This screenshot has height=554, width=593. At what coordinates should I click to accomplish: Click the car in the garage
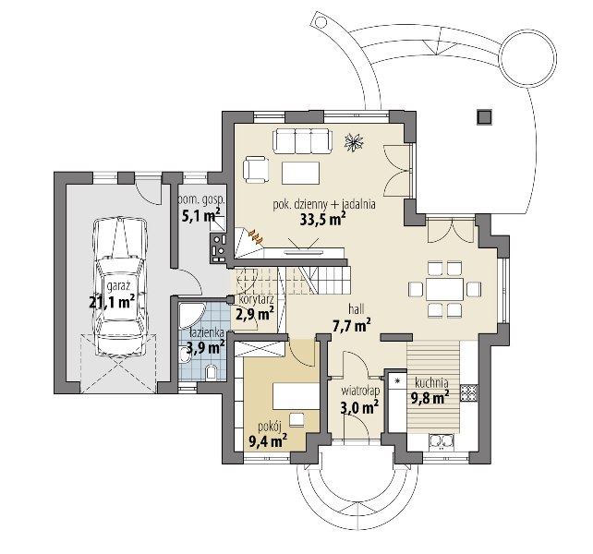click(120, 287)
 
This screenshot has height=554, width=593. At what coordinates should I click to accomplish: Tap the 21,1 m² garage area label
click(112, 302)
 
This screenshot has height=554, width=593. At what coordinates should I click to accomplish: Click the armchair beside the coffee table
click(256, 169)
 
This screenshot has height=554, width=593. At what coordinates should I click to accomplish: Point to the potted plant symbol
click(354, 142)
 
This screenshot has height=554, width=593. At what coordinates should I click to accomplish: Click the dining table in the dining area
click(445, 289)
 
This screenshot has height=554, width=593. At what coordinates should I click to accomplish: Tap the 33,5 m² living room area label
click(322, 220)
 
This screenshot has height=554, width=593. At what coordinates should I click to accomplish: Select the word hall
click(357, 309)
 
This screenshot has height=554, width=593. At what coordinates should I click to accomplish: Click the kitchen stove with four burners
click(469, 392)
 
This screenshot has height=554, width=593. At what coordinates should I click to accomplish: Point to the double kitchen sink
click(441, 442)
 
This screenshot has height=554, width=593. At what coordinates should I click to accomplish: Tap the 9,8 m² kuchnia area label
click(430, 397)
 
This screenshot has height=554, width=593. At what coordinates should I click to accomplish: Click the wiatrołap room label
click(360, 391)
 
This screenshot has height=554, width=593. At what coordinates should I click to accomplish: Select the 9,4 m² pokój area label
click(267, 440)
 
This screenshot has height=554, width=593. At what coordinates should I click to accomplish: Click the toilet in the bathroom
click(211, 372)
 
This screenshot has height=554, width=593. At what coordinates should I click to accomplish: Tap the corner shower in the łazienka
click(191, 315)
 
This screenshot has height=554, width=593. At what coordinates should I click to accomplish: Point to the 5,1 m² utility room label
click(202, 216)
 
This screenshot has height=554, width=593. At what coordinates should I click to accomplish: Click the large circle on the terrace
click(528, 56)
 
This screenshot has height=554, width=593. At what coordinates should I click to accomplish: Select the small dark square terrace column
click(484, 117)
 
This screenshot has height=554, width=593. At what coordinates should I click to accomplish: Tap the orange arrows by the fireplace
click(256, 235)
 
